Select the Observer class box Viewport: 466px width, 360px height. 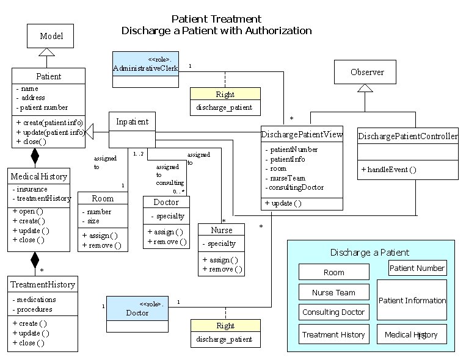[x=367, y=72]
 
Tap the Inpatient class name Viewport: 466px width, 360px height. [x=133, y=121]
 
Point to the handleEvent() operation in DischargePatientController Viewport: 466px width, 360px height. [x=392, y=169]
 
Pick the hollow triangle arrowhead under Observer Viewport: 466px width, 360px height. [x=365, y=88]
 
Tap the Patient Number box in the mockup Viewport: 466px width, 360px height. [x=417, y=267]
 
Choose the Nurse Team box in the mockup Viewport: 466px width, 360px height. [x=333, y=292]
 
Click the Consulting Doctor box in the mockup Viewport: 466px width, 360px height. [x=333, y=312]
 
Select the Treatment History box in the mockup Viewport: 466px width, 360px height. [x=333, y=334]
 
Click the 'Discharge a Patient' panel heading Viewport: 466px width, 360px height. [x=370, y=252]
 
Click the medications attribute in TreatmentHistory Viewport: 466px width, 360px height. [x=37, y=300]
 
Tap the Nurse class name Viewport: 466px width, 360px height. [x=221, y=230]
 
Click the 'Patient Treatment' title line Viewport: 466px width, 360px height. [x=216, y=19]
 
